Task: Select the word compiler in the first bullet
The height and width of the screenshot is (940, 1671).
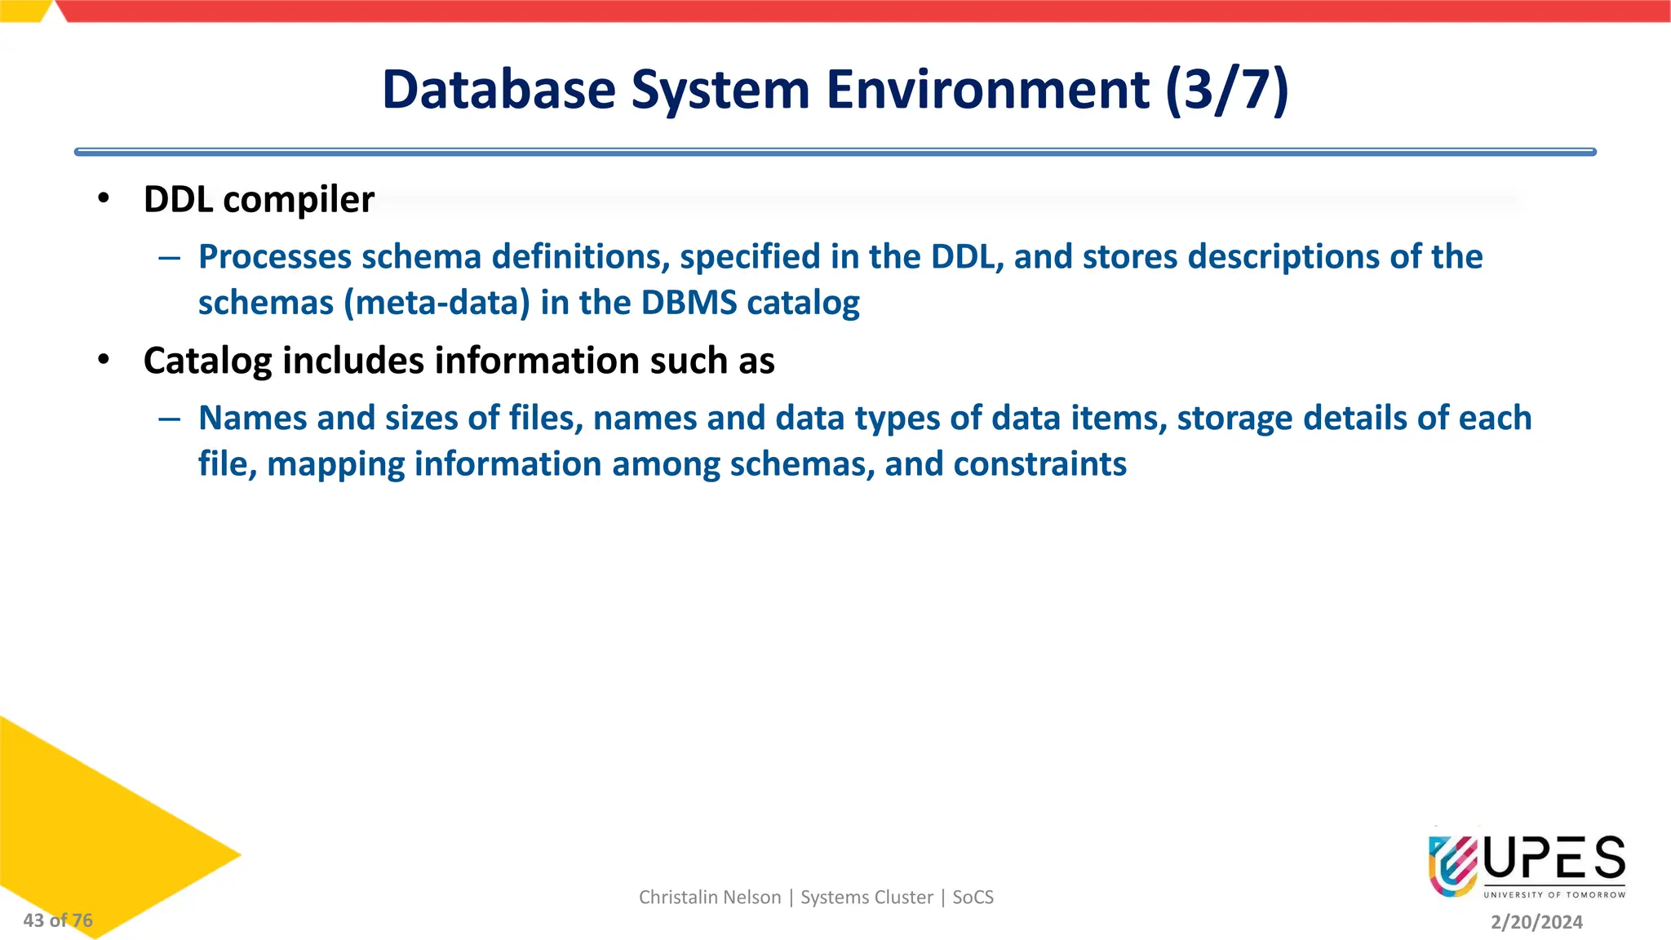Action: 299,200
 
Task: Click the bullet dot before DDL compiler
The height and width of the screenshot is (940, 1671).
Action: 103,198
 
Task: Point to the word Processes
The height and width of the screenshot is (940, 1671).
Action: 275,257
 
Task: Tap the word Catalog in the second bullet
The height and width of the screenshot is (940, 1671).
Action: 207,361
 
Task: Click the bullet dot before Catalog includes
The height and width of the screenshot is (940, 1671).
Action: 103,360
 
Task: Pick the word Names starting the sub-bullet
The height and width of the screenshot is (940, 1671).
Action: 252,418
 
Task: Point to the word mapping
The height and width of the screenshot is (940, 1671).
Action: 335,464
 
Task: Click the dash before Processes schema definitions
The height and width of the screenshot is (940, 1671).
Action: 170,259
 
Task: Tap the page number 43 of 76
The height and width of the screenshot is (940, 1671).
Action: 58,920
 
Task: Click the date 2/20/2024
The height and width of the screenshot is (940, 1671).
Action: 1536,922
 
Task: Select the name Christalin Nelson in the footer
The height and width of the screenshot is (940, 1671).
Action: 709,898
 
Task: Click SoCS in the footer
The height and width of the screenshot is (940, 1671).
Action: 973,898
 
